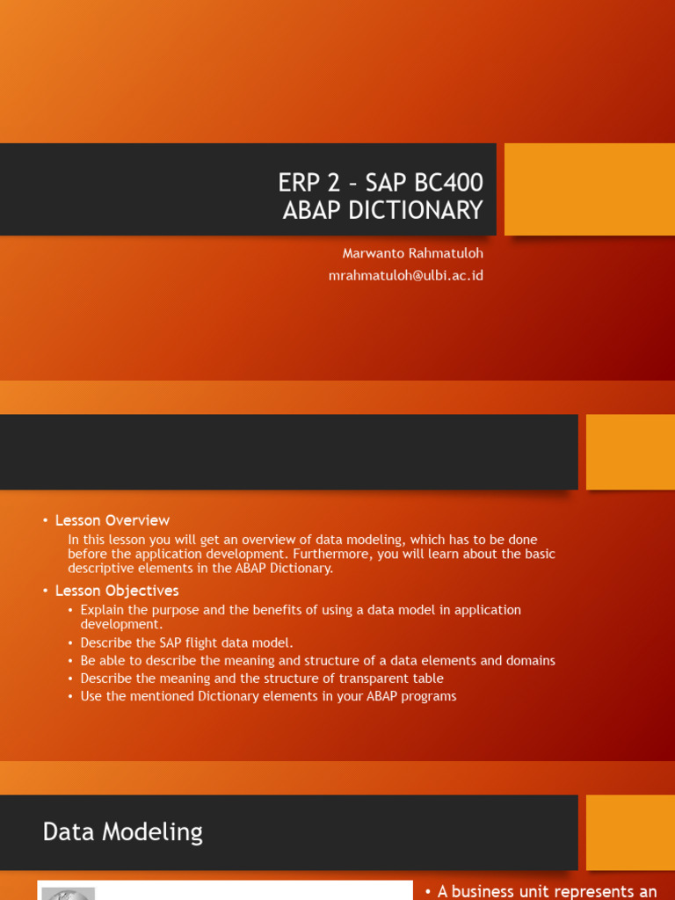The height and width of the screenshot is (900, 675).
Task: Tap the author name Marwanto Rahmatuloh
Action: pos(412,253)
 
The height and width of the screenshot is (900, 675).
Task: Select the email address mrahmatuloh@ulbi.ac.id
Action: pos(405,275)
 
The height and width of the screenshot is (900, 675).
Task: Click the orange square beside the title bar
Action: pos(589,190)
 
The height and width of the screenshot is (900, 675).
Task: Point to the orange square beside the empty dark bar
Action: pos(630,452)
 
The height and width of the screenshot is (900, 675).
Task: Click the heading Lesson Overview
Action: pos(112,520)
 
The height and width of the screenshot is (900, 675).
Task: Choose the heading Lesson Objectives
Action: pos(117,591)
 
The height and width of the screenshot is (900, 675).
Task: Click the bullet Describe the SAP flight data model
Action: pos(187,642)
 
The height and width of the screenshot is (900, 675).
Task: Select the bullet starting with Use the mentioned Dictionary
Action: pos(268,696)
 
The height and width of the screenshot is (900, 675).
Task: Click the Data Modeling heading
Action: pos(123,832)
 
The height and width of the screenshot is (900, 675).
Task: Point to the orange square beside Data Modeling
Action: pos(630,832)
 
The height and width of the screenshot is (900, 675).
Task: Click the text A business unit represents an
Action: pos(547,891)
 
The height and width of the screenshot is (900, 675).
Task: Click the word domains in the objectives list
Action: pos(530,660)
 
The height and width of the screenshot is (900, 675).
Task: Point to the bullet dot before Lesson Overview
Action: pos(45,521)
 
